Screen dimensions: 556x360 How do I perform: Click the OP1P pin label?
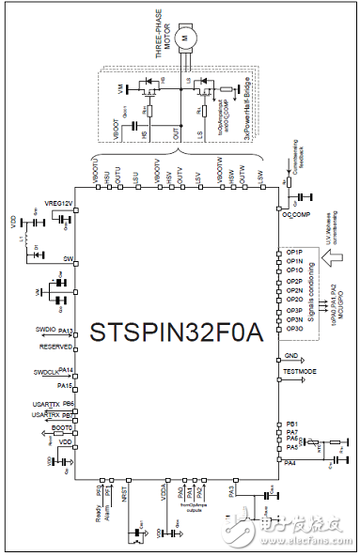point(293,253)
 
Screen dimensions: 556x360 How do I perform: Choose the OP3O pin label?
point(293,328)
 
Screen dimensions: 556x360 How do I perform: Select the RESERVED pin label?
point(55,346)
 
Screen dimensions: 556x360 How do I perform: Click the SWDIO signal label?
point(45,331)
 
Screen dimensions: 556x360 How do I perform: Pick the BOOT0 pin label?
point(62,427)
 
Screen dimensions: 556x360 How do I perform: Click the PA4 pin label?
point(290,462)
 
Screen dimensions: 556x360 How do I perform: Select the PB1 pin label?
point(292,425)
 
